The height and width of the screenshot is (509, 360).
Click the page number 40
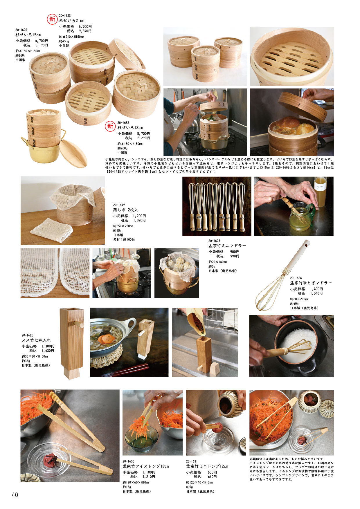click(x=15, y=495)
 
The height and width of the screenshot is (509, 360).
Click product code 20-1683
click(x=65, y=16)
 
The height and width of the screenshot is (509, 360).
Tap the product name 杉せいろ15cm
click(x=28, y=35)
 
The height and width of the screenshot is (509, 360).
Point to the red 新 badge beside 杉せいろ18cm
click(x=110, y=126)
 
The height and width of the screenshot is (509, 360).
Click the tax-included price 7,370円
click(x=85, y=31)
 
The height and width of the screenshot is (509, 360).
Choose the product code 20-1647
click(x=119, y=205)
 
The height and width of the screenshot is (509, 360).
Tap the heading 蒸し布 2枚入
click(x=126, y=210)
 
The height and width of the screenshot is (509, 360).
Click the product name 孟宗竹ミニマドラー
click(x=227, y=246)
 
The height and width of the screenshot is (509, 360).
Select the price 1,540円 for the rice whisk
click(x=316, y=293)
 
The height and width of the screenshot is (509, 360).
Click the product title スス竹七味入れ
click(x=36, y=340)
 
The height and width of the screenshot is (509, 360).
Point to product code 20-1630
click(x=128, y=461)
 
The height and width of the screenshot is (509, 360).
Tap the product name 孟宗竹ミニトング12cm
click(x=207, y=466)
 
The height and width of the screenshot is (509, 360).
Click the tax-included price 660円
click(x=212, y=477)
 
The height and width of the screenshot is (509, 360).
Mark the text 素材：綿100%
click(x=124, y=239)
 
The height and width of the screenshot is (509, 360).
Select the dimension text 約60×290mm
click(x=299, y=299)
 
